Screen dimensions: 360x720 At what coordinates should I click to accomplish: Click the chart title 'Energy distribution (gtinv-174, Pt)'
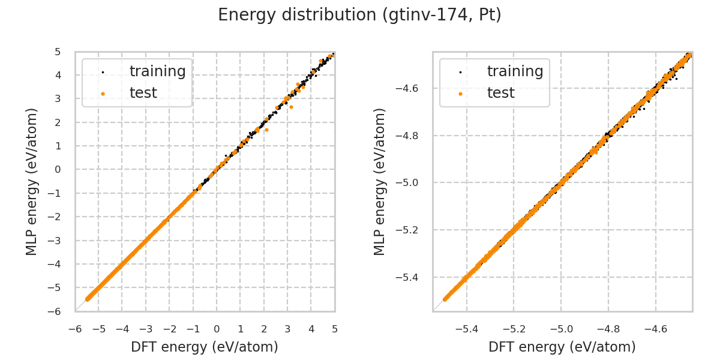point(359,15)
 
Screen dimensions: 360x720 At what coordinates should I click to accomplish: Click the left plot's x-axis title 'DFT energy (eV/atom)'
point(205,347)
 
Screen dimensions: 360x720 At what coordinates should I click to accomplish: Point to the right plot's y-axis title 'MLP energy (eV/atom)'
point(380,181)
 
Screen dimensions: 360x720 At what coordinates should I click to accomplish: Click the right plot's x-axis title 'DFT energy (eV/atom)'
point(562,347)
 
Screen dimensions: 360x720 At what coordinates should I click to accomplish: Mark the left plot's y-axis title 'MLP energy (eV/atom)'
point(32,181)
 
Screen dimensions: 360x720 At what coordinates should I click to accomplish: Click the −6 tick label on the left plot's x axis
point(75,329)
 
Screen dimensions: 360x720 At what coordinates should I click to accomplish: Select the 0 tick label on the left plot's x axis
point(217,329)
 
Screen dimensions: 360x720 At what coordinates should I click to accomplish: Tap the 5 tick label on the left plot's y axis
point(58,52)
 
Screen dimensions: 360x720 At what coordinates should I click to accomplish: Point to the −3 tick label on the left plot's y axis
point(55,241)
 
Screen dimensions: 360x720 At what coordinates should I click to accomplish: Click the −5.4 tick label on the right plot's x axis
point(467,329)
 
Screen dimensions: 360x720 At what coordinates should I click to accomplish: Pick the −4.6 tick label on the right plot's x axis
point(655,329)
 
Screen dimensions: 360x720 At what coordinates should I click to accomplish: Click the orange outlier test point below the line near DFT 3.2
point(291,107)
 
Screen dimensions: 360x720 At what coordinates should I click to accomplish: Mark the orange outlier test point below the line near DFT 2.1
point(266,130)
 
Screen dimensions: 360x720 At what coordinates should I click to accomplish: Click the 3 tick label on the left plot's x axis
point(287,329)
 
